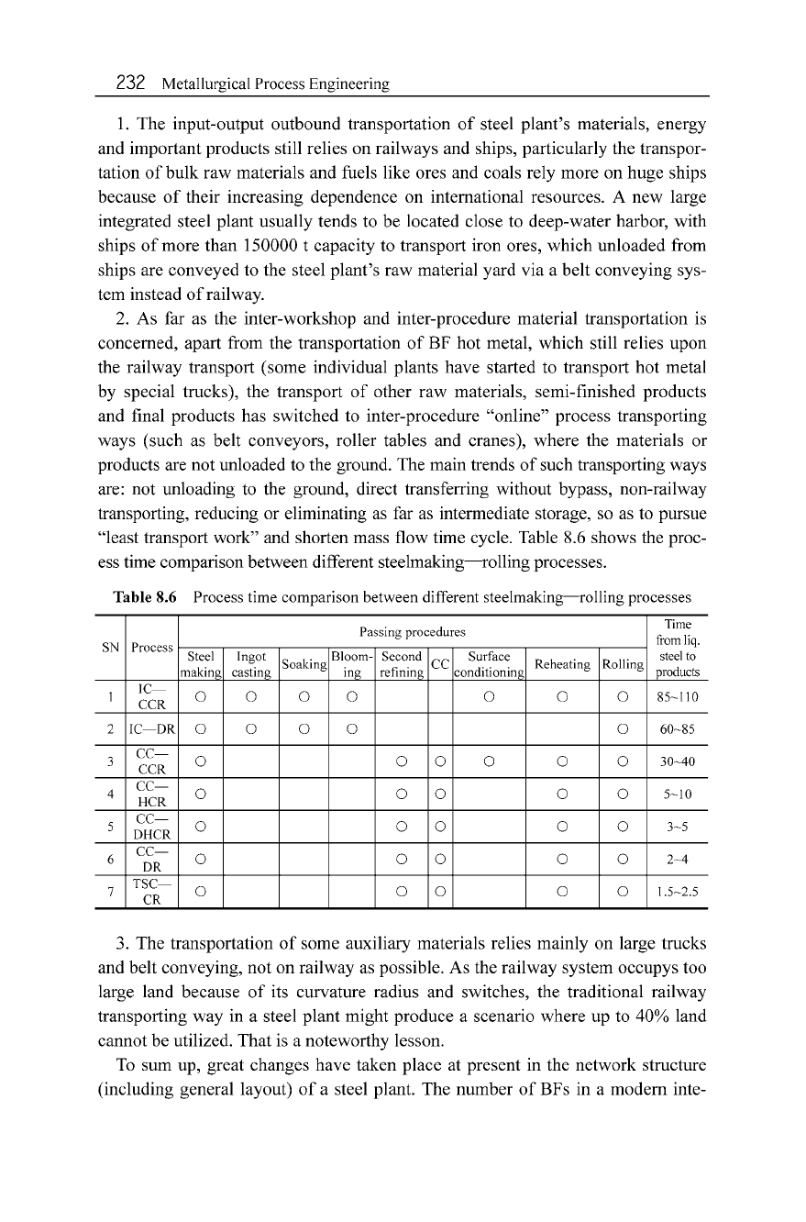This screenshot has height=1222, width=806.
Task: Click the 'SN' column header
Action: pyautogui.click(x=109, y=647)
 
